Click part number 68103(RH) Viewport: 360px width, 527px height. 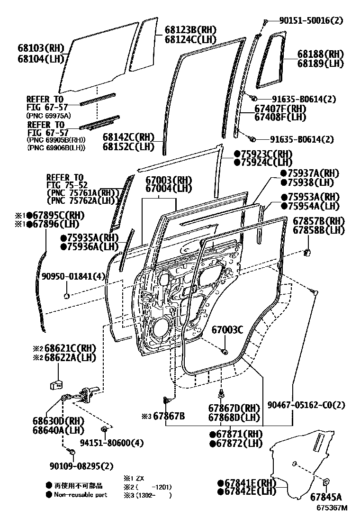tap(35, 48)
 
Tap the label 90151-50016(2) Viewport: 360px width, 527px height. tap(311, 20)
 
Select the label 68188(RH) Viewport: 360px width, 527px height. tap(321, 54)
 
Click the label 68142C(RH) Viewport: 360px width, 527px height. tap(129, 137)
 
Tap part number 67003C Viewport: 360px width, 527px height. tap(227, 330)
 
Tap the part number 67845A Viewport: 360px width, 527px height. tap(326, 497)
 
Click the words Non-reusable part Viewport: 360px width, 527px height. tap(80, 495)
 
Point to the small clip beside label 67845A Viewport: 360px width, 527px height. tap(326, 482)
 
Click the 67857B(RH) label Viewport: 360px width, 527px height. tap(318, 221)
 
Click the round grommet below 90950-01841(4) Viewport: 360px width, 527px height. tap(67, 296)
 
